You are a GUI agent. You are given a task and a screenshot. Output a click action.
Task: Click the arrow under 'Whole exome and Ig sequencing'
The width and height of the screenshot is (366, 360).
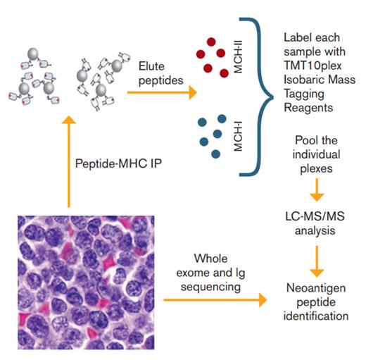(215, 301)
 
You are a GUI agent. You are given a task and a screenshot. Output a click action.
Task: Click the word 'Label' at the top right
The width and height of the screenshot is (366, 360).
(298, 36)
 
